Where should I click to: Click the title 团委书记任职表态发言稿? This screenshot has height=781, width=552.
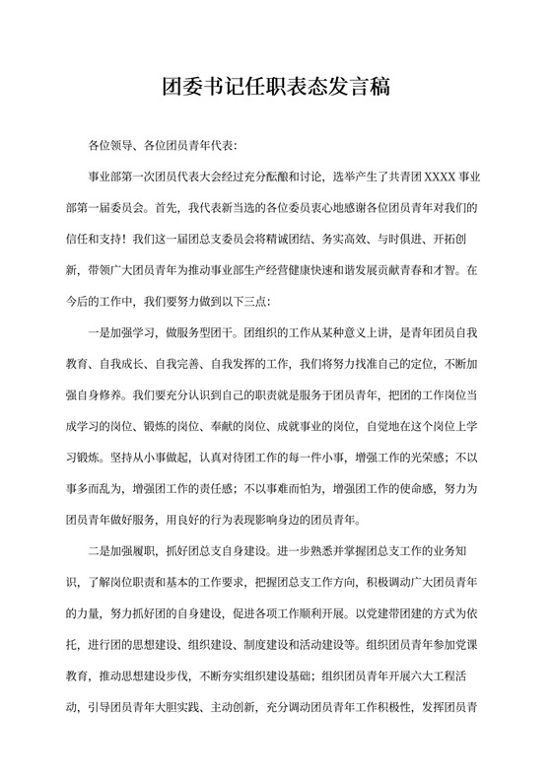277,88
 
